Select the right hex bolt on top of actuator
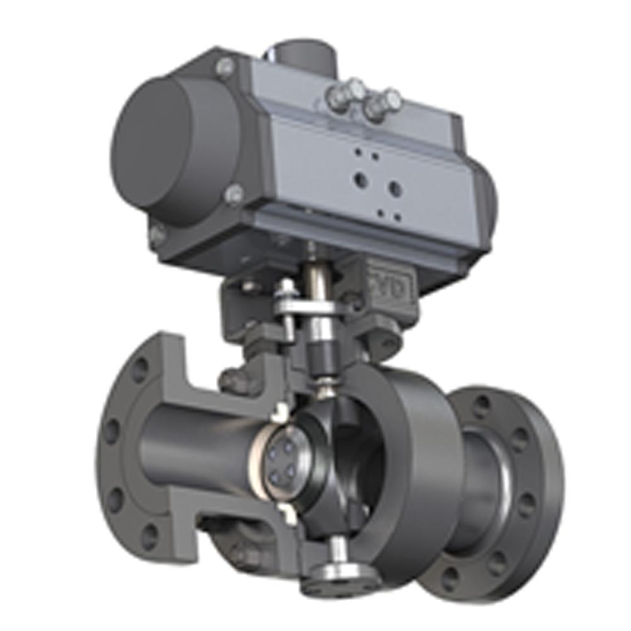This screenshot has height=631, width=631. pyautogui.click(x=381, y=105)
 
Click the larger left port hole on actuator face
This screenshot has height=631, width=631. pyautogui.click(x=362, y=179)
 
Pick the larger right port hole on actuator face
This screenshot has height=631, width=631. pyautogui.click(x=396, y=188)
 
